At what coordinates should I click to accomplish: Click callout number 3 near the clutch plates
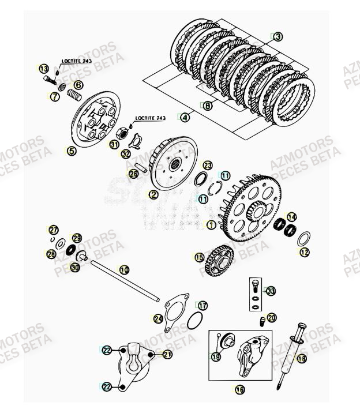click(278, 36)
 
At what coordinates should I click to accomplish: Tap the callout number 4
click(185, 118)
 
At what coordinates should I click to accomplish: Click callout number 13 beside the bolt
click(43, 69)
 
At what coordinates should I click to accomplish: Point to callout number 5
click(71, 151)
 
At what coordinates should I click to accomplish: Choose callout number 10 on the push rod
click(125, 269)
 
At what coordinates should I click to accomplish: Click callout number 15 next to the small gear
click(199, 257)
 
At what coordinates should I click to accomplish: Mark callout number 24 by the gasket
click(158, 318)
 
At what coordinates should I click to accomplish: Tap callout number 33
click(271, 291)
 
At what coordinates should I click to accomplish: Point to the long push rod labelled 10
click(124, 282)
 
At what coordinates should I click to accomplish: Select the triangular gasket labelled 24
click(175, 314)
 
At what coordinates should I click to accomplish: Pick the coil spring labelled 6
click(73, 93)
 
